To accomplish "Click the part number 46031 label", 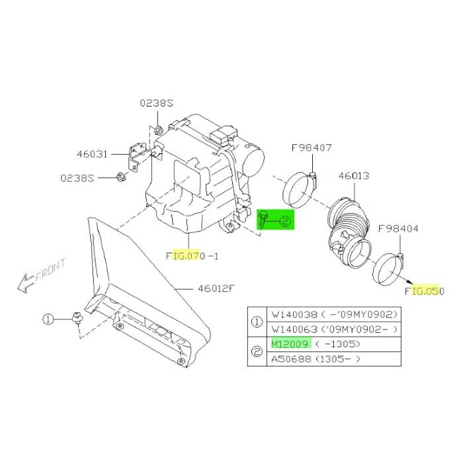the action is (92, 154).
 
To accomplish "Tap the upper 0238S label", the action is (157, 103).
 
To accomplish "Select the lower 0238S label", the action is (77, 178).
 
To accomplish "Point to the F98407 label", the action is (312, 147).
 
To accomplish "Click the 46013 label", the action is (354, 176).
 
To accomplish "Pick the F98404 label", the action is (398, 229).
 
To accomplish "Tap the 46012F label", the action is (216, 288).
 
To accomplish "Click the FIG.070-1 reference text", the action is (192, 256).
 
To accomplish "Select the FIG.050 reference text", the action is (425, 291).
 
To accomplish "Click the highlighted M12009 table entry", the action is (291, 344).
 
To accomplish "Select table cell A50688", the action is (291, 359).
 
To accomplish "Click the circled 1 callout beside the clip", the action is (48, 319).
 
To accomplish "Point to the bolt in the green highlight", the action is (263, 219).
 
